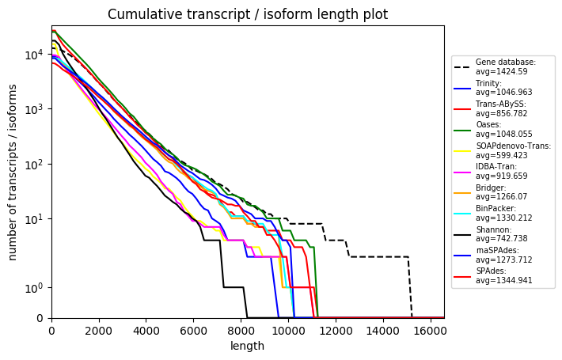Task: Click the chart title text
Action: coord(248,14)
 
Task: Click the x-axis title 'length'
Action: coord(247,346)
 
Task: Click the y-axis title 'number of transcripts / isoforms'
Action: coord(13,172)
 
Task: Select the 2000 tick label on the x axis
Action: coord(99,331)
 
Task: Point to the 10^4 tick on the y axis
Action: coord(51,55)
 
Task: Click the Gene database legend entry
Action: coord(505,66)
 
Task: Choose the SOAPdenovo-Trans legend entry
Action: coord(513,150)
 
